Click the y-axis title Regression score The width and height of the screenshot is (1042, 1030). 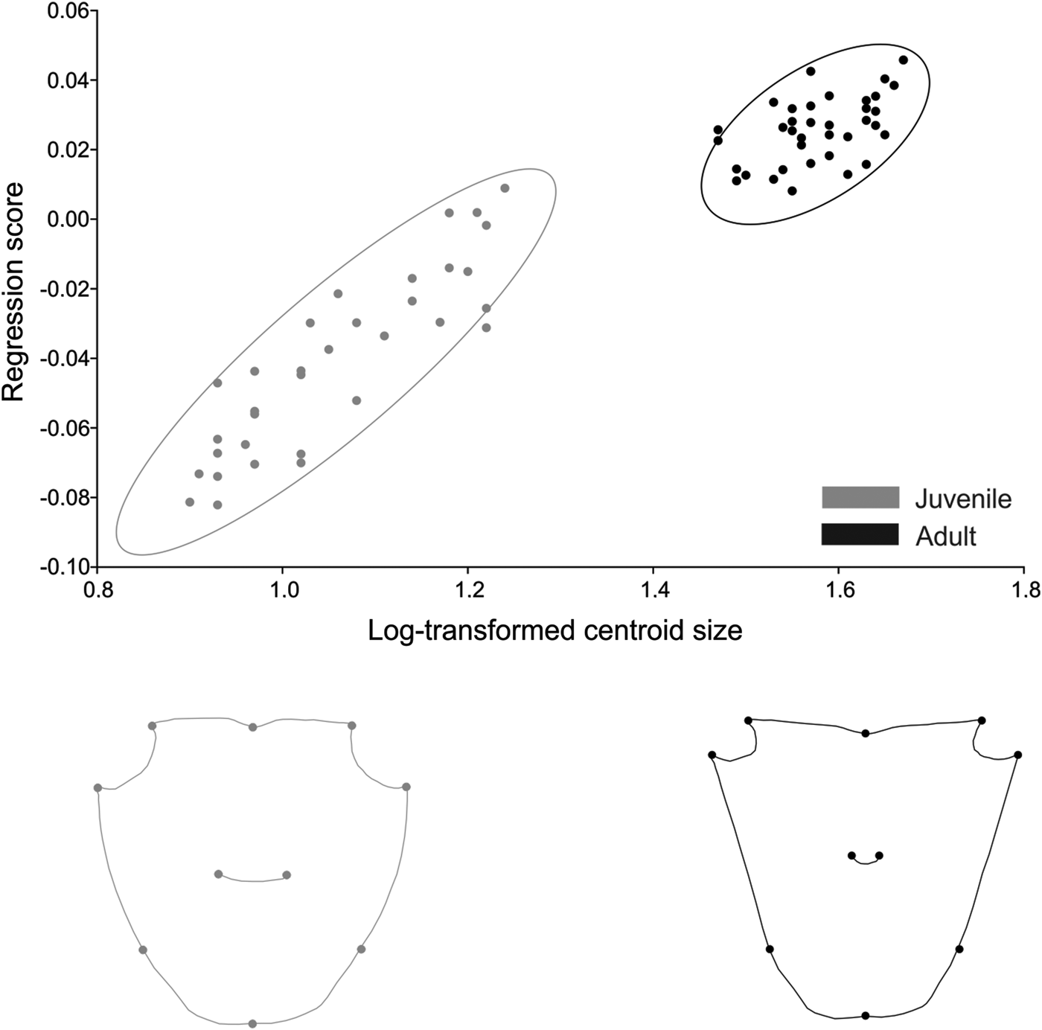coord(13,292)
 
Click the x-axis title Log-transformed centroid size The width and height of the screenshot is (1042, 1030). coord(554,630)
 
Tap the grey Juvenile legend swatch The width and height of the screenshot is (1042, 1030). coord(860,498)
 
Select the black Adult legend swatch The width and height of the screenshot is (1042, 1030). coord(860,534)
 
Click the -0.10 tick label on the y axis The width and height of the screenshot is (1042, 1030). coord(65,567)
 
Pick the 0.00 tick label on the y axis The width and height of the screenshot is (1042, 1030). coord(68,220)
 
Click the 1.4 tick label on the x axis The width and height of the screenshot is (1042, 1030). coord(653,592)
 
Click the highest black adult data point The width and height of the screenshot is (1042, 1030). coord(903,60)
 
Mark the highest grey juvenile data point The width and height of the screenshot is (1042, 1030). coord(505,188)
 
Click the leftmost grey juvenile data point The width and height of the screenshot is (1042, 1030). coord(190,502)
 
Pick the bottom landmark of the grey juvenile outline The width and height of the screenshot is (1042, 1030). coord(252,1024)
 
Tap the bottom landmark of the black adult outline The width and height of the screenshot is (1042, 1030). coord(865,1015)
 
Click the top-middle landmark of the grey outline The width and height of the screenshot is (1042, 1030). coord(252,727)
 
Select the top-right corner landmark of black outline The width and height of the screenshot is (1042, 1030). coord(982,720)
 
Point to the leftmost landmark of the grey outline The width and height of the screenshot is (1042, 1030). coord(98,787)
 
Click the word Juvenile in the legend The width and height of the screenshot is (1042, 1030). coord(963,499)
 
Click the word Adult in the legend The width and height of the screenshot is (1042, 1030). coord(945,536)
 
